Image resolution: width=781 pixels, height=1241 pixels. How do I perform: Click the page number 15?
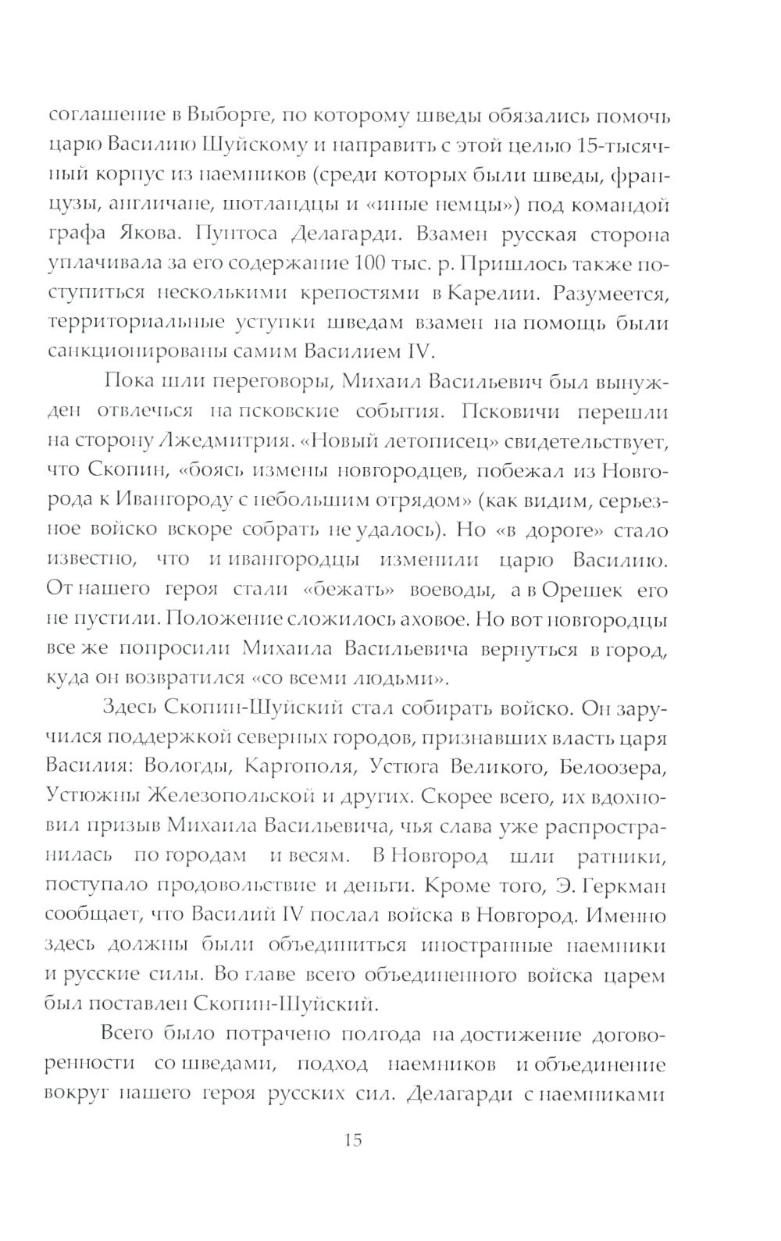(352, 1139)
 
